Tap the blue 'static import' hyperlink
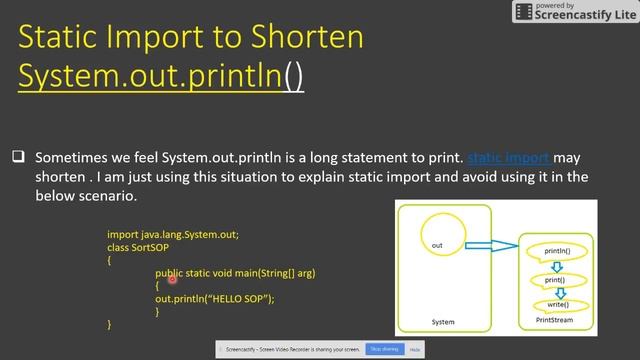coord(508,158)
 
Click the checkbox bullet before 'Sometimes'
coord(18,158)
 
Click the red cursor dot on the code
coord(172,280)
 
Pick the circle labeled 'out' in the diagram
coord(437,245)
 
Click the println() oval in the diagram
coord(557,250)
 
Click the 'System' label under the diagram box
coord(442,322)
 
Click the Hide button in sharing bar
coord(414,350)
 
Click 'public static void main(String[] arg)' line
coord(235,273)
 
